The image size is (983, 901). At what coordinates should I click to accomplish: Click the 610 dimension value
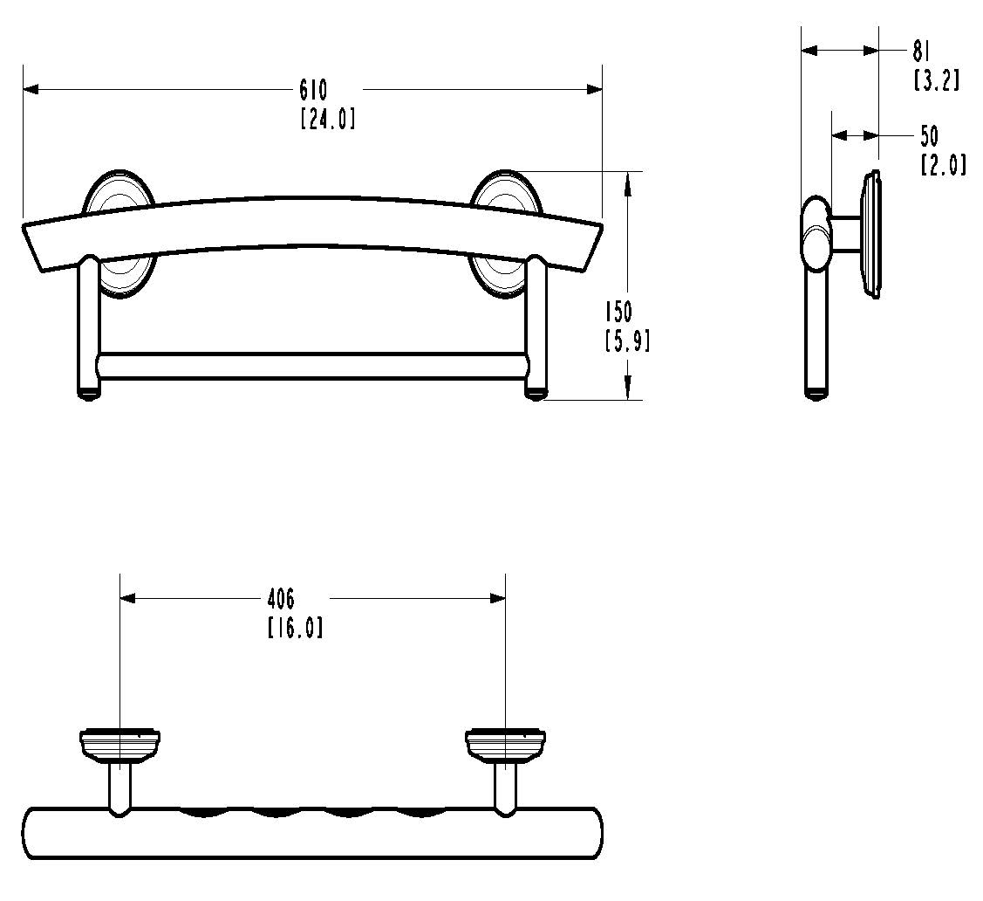tap(313, 89)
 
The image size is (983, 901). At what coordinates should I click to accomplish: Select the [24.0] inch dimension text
tap(327, 118)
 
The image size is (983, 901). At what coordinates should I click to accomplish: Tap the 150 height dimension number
tap(618, 312)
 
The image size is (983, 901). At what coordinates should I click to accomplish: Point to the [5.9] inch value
tap(626, 340)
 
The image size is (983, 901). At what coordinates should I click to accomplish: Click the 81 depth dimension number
tap(923, 52)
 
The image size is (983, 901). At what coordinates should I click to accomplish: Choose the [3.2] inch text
tap(936, 80)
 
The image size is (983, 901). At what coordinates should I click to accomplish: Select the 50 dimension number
tap(929, 135)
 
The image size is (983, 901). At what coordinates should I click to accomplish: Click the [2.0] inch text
tap(943, 164)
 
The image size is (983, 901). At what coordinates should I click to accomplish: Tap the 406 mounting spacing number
tap(281, 599)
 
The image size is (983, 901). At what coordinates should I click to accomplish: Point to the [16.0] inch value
tap(295, 627)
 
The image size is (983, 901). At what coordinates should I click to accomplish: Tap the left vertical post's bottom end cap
tap(89, 395)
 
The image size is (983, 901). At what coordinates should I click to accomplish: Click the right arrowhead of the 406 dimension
tap(498, 599)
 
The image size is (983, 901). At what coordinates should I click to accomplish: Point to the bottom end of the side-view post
tap(816, 395)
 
